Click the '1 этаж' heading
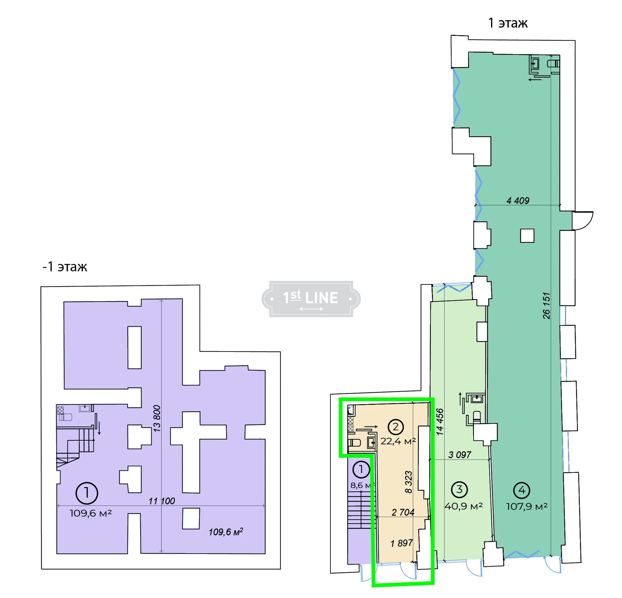tap(508, 23)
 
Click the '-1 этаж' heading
tap(65, 267)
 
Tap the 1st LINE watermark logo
tap(311, 299)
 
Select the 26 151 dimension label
tap(546, 305)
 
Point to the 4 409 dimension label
tap(518, 201)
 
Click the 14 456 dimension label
tap(440, 422)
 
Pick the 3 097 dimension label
tap(459, 455)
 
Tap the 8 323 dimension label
tap(409, 482)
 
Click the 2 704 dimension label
tap(403, 512)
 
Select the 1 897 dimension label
tap(401, 543)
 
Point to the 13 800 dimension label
tap(157, 418)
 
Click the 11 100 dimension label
tap(162, 501)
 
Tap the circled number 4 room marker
tap(522, 490)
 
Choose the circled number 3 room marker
tap(459, 490)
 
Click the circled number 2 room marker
tap(396, 427)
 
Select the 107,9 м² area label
tap(527, 507)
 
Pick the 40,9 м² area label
tap(464, 506)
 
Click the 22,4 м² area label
tap(398, 441)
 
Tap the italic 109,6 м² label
tap(226, 532)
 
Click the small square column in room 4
tap(527, 236)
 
